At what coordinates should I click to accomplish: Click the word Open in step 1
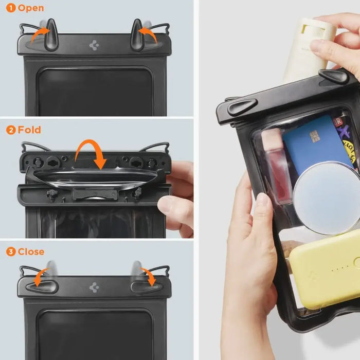point(31,8)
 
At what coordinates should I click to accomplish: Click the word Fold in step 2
point(29,130)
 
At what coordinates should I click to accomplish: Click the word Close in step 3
point(31,252)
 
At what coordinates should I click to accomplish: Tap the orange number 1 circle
point(10,8)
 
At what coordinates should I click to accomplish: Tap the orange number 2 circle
point(10,130)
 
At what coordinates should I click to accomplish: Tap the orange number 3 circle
point(10,252)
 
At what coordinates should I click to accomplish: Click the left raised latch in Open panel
point(50,34)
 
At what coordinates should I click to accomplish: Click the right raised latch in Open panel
point(137,34)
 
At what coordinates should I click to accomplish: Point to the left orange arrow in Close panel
point(38,276)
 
